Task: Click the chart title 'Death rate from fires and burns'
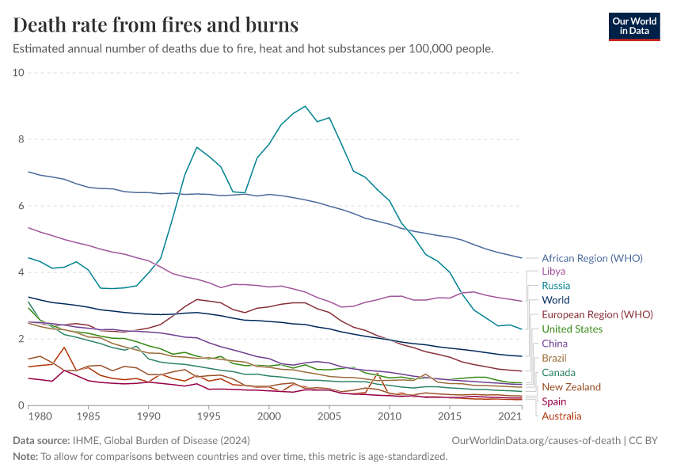[156, 25]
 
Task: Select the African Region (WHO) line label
[591, 258]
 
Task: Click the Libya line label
[553, 272]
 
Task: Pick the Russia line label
[556, 286]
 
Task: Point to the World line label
[556, 300]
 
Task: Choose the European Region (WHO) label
[597, 314]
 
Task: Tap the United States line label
[572, 329]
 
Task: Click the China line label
[554, 344]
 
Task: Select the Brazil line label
[554, 359]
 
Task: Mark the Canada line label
[558, 373]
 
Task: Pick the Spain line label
[554, 401]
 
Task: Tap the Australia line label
[561, 416]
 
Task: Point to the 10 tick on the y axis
[19, 73]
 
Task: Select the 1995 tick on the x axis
[209, 416]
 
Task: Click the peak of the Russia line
[306, 106]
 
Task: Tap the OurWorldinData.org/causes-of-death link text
[535, 439]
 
